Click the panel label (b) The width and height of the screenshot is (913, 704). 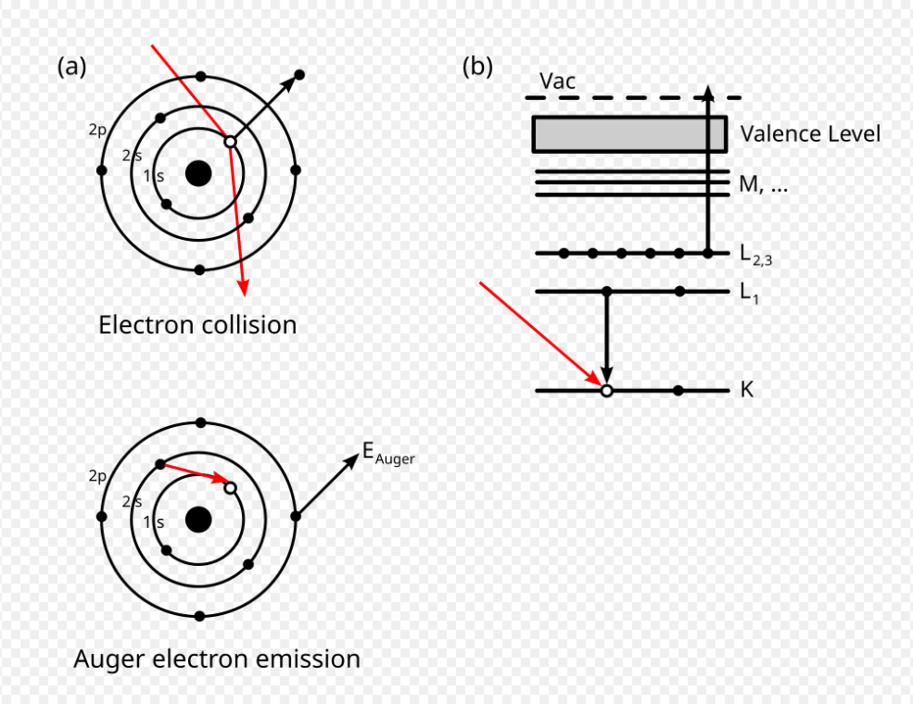pos(477,67)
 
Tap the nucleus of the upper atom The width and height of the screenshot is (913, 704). pos(197,173)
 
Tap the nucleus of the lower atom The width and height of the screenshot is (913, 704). pos(197,520)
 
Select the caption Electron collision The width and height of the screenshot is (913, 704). pos(197,325)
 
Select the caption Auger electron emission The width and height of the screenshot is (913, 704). pos(217,660)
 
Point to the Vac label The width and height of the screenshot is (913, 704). pos(558,82)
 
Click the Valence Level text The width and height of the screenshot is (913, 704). pos(810,134)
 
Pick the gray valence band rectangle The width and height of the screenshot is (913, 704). pos(629,133)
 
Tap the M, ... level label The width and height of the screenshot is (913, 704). pos(764,184)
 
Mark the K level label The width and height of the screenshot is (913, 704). pos(746,391)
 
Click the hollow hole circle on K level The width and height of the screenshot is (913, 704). pos(606,391)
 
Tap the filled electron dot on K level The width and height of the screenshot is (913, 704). pos(679,391)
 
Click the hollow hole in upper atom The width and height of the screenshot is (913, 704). pos(229,142)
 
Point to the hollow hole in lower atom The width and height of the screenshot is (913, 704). pos(230,487)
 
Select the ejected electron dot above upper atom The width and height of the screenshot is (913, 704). pos(299,75)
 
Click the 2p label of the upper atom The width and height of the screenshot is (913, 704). pos(97,131)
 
